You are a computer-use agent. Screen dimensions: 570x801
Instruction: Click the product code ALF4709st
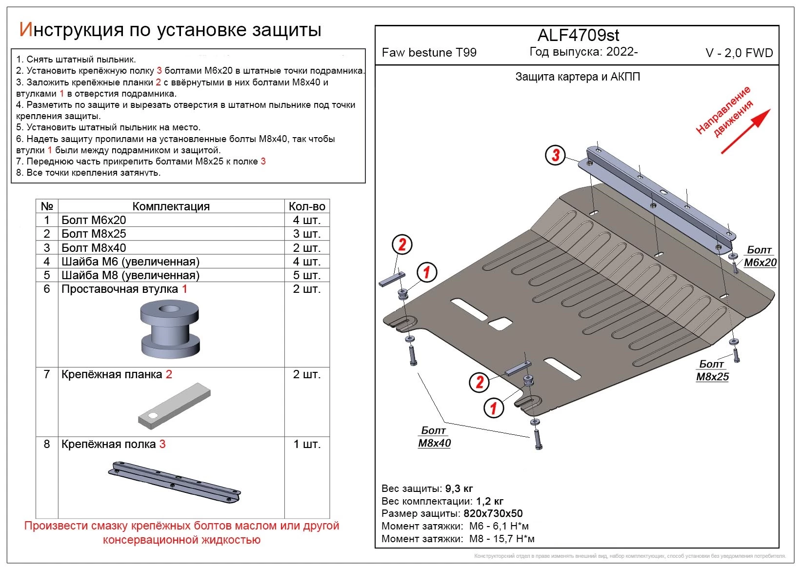pos(578,36)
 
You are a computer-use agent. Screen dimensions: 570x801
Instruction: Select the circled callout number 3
pos(556,156)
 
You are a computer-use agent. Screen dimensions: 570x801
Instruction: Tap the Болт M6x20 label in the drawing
pos(760,256)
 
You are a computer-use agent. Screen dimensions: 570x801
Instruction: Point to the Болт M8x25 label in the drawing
pos(712,370)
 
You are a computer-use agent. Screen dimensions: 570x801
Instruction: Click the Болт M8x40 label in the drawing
pos(434,437)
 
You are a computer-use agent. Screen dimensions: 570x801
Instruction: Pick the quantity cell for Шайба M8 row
pos(306,275)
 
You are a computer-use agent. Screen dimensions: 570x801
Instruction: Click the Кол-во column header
pos(306,206)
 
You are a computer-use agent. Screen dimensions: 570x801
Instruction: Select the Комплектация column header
pos(171,206)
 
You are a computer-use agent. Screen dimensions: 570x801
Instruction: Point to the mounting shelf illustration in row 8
pos(174,481)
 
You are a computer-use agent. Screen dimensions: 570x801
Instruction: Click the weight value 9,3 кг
pos(459,489)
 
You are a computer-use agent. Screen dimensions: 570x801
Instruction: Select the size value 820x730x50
pos(492,513)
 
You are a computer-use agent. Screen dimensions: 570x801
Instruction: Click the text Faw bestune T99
pos(429,53)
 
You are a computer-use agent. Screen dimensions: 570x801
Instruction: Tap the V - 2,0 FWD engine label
pos(739,53)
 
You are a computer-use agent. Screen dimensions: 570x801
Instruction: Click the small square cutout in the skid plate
pos(500,324)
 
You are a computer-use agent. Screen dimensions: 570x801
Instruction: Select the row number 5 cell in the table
pos(47,275)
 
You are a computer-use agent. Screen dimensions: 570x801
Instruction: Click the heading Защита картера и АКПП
pos(578,77)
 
